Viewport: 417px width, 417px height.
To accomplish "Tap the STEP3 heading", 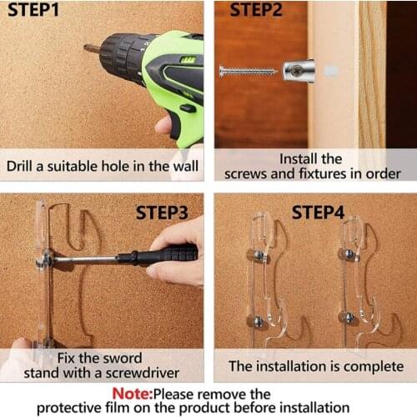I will point(167,213).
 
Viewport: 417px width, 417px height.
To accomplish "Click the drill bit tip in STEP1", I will point(87,48).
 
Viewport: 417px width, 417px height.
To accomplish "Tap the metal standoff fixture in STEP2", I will point(298,71).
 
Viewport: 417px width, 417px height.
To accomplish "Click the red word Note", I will point(135,393).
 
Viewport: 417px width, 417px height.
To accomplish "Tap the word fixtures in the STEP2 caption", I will point(329,173).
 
